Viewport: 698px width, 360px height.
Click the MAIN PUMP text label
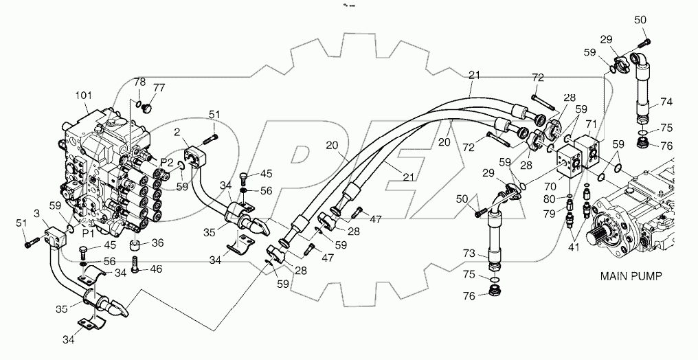631,277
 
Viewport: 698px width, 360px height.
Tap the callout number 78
140,82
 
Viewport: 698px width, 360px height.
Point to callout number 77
159,87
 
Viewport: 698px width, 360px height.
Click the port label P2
166,162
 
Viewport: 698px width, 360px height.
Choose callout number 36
157,242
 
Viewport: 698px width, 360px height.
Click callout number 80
550,199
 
